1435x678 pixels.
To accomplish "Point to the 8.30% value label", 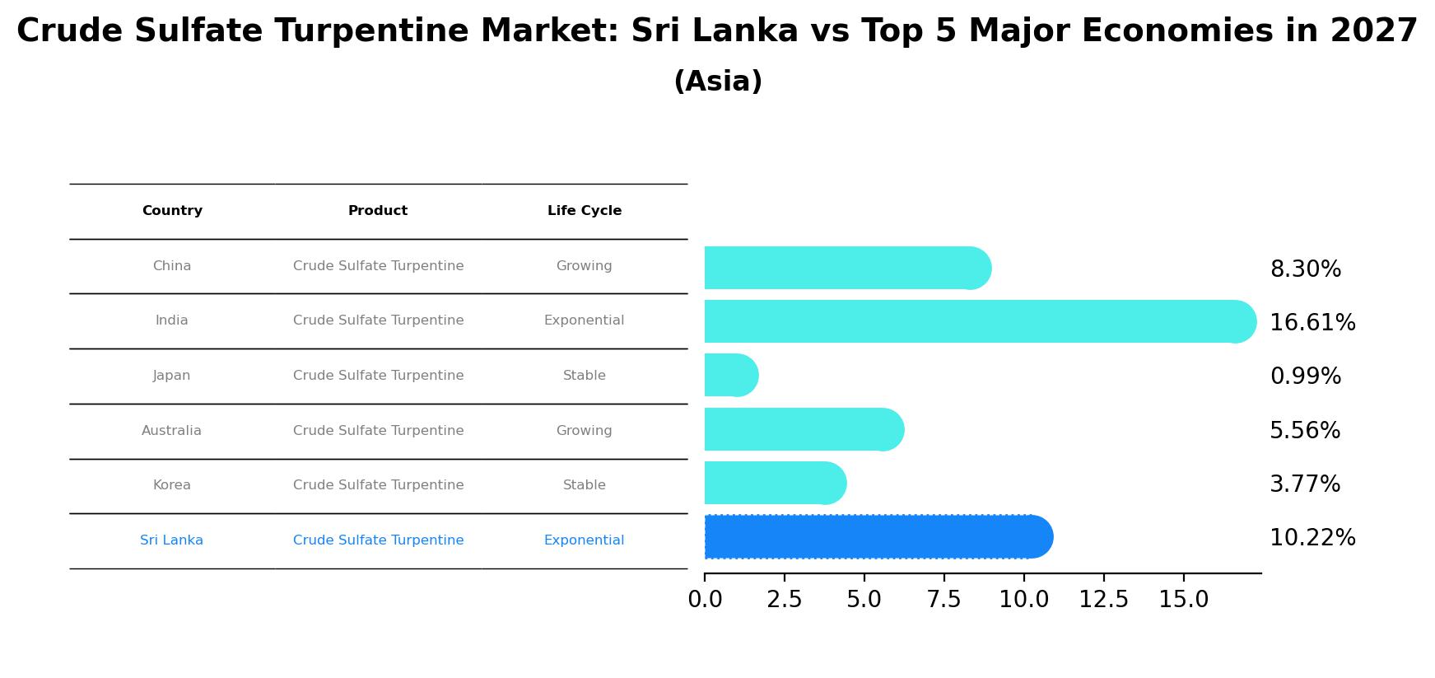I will [1305, 269].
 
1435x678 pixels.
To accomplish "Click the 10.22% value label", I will [1312, 538].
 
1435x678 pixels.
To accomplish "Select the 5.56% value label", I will [1304, 431].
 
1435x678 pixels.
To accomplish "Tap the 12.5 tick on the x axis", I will [1103, 600].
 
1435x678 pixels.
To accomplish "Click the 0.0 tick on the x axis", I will [705, 600].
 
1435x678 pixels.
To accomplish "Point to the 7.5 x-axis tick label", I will [943, 600].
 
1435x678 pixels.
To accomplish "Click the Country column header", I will [172, 211].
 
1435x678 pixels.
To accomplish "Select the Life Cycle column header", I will [584, 211].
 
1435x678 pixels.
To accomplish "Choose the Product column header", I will [378, 211].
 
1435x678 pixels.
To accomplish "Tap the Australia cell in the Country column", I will [171, 431].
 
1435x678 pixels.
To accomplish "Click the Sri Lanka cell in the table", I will [171, 540].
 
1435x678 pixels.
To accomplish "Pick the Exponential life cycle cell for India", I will [584, 320].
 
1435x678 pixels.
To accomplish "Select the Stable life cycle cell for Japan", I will [584, 376].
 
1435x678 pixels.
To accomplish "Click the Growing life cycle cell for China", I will [584, 266].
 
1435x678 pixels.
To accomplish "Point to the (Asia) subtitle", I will [717, 82].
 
